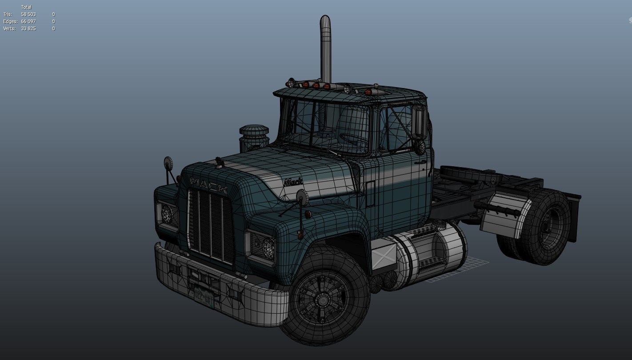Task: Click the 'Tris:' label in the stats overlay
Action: tap(8, 14)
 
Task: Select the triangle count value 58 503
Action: tap(28, 14)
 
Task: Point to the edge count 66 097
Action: tap(28, 21)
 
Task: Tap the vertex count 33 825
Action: tap(28, 28)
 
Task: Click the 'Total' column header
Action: tap(26, 7)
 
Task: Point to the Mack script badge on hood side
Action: tap(293, 181)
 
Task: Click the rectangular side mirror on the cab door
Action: tap(419, 122)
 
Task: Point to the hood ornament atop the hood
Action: tap(219, 162)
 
